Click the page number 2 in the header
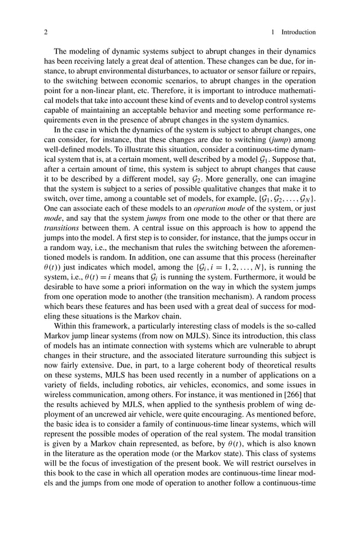click(x=46, y=32)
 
